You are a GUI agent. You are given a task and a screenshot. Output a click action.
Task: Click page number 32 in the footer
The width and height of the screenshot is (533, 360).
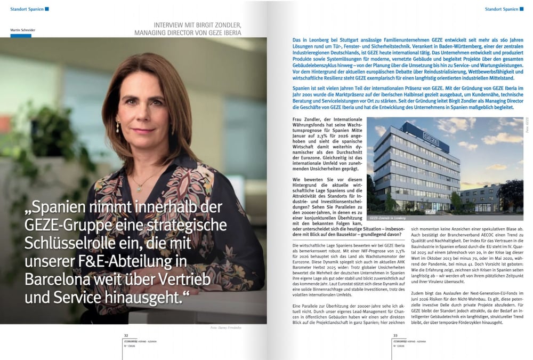pos(126,335)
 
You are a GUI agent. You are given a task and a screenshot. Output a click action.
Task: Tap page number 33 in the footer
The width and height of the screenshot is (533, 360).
pos(395,335)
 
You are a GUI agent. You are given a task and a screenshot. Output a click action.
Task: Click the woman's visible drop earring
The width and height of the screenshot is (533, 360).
pos(117,126)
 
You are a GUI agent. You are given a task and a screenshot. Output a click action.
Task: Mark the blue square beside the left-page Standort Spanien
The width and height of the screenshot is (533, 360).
pos(47,9)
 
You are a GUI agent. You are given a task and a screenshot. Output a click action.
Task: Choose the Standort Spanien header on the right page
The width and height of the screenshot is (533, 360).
pos(502,9)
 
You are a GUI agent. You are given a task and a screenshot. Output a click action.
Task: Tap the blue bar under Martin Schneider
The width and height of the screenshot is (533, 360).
pos(21,35)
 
